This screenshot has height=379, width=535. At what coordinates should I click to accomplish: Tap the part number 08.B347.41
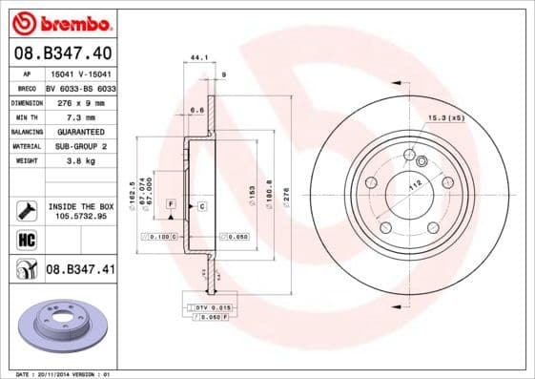(x=80, y=270)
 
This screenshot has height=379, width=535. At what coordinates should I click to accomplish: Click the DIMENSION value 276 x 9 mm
(x=80, y=100)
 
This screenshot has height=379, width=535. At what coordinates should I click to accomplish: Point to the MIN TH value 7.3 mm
(x=80, y=116)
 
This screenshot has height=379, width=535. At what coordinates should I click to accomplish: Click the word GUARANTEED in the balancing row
(x=80, y=131)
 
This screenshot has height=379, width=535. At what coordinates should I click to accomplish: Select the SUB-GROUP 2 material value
(x=80, y=146)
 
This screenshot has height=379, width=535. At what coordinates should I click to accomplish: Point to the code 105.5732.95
(x=80, y=216)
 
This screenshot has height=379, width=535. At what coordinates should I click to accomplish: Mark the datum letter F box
(x=171, y=205)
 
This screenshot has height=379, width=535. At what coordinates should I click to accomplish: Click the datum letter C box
(x=202, y=205)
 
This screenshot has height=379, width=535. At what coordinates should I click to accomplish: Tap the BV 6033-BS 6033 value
(x=80, y=86)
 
